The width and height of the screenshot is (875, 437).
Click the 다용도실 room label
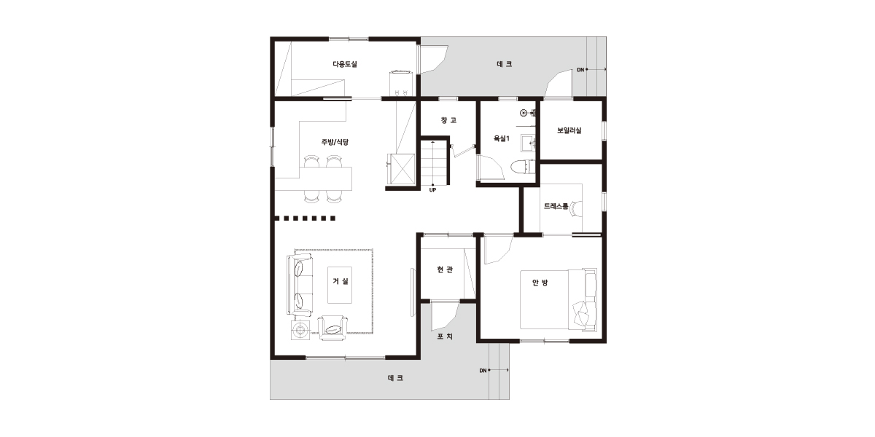click(344, 64)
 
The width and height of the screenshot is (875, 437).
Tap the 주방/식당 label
click(335, 142)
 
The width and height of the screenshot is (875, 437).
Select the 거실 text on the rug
click(341, 281)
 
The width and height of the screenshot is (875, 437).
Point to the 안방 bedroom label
click(540, 282)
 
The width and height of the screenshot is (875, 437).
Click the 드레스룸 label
click(556, 206)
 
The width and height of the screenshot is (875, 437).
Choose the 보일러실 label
click(569, 130)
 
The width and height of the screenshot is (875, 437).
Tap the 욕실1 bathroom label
click(502, 138)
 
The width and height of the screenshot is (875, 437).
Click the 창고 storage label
click(448, 120)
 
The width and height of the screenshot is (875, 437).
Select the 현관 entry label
click(445, 269)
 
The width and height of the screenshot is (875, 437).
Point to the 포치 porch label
click(445, 336)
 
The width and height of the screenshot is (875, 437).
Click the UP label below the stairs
click(432, 190)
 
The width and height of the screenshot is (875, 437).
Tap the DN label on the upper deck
click(580, 70)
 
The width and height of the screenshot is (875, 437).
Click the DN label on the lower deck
click(483, 370)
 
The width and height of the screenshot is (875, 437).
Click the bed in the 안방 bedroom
click(559, 299)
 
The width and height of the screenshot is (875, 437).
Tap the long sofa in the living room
click(300, 284)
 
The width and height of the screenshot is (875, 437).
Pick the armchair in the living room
click(332, 328)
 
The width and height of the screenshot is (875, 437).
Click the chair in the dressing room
click(577, 208)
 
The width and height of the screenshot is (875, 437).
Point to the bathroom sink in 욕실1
click(528, 143)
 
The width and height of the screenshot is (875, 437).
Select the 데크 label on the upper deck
click(505, 64)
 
